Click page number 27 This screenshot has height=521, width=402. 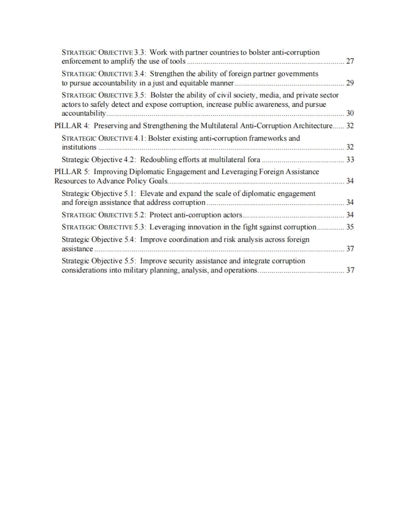tap(350, 61)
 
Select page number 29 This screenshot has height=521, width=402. tap(350, 83)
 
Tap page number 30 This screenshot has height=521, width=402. tap(350, 113)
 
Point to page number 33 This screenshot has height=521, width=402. tap(350, 159)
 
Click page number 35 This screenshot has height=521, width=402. tap(350, 227)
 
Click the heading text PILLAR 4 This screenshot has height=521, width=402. tap(68, 126)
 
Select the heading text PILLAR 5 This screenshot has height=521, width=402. tap(68, 172)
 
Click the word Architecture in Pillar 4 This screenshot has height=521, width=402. tap(313, 126)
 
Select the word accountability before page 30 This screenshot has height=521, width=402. tap(83, 113)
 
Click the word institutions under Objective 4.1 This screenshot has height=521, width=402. tap(79, 147)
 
